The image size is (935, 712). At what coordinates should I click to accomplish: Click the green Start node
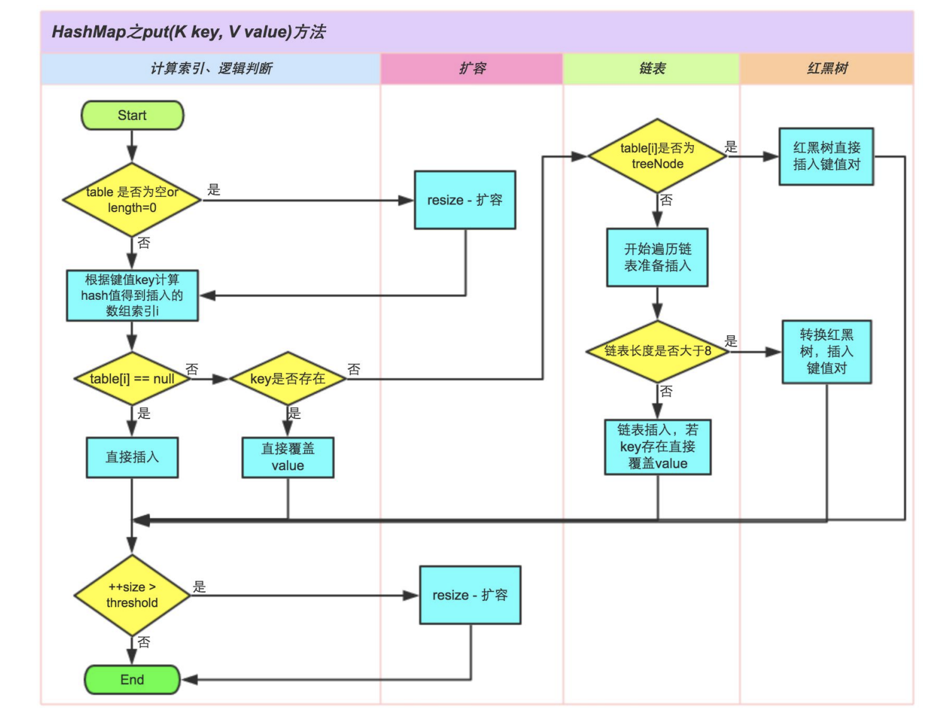coord(132,116)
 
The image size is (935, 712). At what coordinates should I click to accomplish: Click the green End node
coord(132,680)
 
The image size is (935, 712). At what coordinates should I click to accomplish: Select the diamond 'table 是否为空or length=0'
coord(132,200)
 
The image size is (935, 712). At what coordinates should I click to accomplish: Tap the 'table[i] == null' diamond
coord(132,379)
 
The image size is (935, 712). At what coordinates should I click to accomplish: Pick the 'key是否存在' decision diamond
coord(288,379)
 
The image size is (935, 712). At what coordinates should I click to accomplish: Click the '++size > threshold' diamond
coord(132,595)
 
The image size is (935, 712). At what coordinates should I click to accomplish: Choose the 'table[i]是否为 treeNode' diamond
coord(657,156)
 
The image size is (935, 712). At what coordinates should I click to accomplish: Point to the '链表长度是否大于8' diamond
coord(657,351)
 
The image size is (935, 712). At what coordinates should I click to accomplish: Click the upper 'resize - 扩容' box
coord(465,200)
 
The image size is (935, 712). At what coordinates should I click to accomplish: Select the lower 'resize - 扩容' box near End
coord(470,595)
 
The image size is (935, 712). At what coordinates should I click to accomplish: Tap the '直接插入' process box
coord(132,457)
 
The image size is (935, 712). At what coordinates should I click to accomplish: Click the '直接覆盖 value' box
coord(288,457)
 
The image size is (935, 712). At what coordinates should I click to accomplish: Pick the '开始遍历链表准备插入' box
coord(657,258)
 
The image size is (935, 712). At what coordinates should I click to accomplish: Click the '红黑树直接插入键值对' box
coord(826,157)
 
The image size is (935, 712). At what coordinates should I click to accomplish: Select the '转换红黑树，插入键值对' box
coord(826,352)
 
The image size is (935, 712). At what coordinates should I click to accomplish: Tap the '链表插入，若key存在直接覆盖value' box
coord(657,447)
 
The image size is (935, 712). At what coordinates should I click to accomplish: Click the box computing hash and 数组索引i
coord(132,295)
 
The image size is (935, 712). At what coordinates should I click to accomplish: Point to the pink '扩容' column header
coord(472,69)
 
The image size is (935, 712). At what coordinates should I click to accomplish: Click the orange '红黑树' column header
coord(826,69)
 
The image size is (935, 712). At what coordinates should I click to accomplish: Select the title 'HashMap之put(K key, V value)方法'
coord(189,32)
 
